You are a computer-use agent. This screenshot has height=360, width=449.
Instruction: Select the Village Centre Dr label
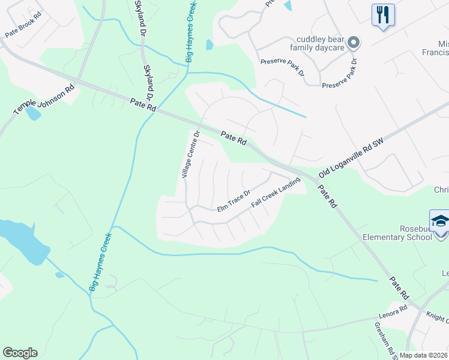190,155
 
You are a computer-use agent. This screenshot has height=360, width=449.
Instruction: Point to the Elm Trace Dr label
234,202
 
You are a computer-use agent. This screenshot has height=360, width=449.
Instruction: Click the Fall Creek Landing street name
276,195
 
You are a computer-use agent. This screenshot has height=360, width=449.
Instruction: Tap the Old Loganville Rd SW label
351,155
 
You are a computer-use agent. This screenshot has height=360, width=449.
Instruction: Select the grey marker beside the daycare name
354,42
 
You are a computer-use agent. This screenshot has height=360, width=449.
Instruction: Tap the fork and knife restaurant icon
382,14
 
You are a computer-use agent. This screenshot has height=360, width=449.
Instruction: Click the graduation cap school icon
439,220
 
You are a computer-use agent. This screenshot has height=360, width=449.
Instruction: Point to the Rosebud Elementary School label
397,232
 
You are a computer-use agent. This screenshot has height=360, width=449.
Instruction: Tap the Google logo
20,353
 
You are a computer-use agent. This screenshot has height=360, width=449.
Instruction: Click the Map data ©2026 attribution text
424,355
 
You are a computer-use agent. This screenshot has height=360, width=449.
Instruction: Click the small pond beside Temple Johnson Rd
34,113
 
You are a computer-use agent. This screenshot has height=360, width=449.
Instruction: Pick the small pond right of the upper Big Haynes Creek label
209,44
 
